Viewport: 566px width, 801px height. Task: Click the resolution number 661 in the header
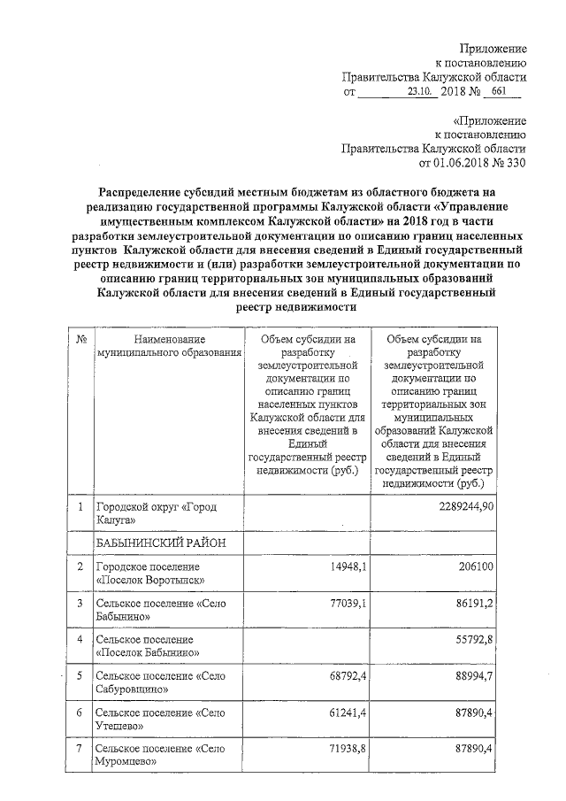coord(501,91)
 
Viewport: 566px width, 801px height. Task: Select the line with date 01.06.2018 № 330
coord(471,163)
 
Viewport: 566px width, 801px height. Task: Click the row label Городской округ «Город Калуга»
coord(155,514)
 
